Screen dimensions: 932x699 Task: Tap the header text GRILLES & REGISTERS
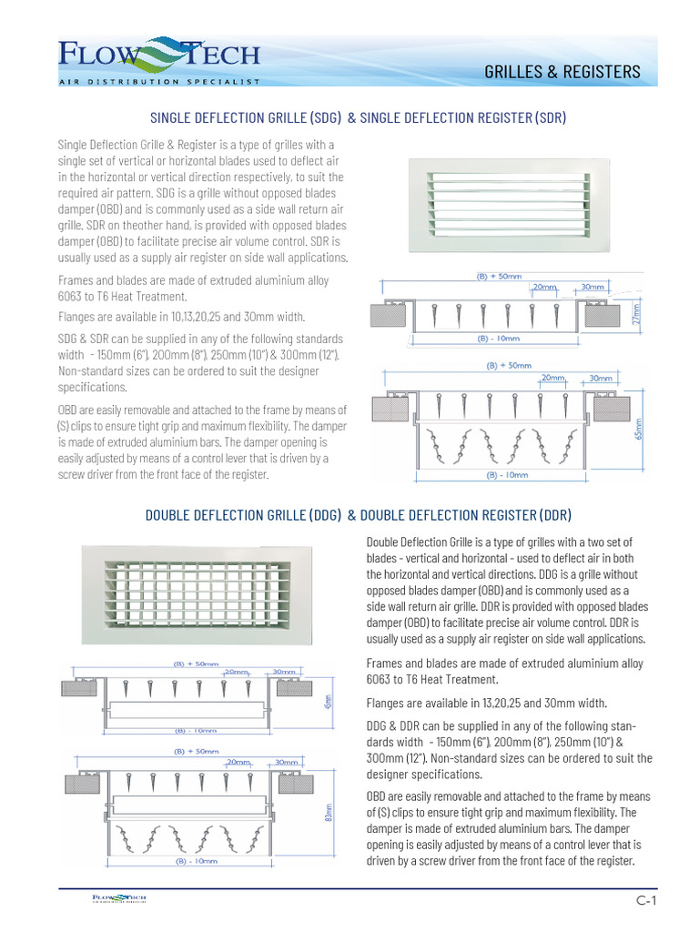coord(574,72)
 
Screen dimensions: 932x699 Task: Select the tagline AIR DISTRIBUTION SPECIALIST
coord(159,81)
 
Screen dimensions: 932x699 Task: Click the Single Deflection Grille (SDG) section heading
coord(357,117)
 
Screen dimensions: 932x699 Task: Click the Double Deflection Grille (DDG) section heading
coord(359,515)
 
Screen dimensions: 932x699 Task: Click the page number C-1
coord(646,900)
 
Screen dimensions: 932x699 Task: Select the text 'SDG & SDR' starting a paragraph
coord(83,337)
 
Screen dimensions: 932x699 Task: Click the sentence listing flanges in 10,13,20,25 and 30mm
coord(181,317)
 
